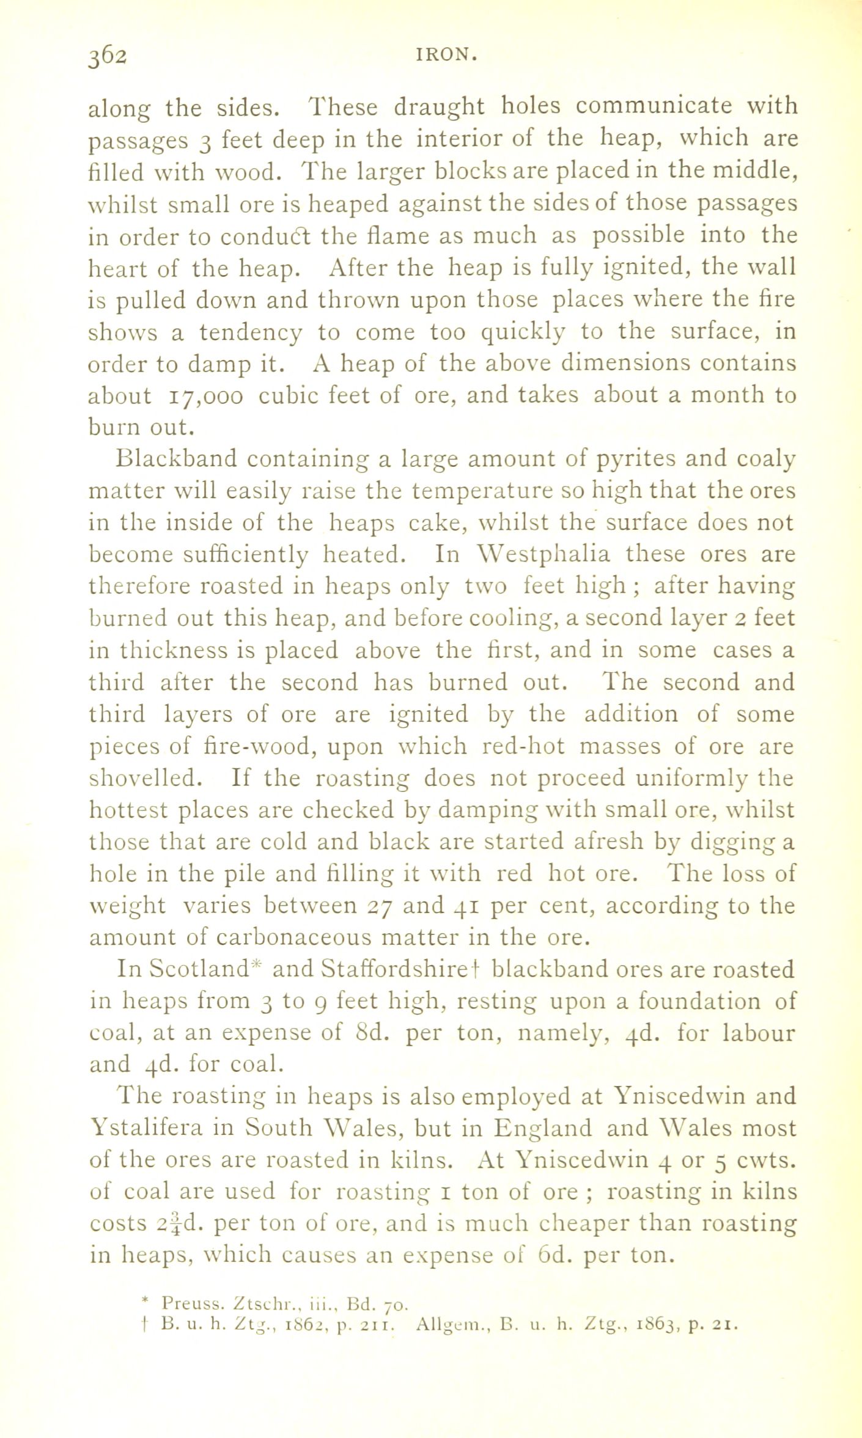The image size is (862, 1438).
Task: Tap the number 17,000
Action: [x=205, y=397]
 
